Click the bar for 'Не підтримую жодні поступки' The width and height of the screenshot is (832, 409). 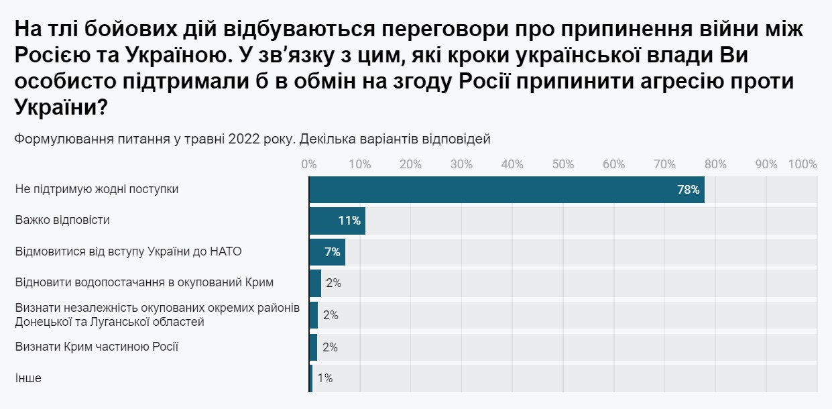[506, 189]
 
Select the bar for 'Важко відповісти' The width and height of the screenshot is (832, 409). [337, 221]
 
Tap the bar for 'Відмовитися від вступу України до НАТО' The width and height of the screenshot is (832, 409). [326, 252]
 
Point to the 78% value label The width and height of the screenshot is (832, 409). [689, 190]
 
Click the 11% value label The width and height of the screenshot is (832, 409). [350, 221]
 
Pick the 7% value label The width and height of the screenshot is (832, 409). [333, 252]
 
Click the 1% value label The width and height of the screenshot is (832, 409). [324, 378]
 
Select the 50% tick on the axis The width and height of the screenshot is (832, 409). [563, 164]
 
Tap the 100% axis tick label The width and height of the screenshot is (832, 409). [803, 164]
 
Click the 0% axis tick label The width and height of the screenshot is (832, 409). [309, 164]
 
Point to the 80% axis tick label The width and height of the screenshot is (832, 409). [715, 164]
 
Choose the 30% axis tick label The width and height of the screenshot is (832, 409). [461, 164]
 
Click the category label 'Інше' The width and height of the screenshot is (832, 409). [28, 378]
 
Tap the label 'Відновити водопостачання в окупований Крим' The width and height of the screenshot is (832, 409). [145, 282]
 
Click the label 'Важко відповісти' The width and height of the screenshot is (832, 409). [62, 220]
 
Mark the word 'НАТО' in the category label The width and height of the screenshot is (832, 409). [225, 251]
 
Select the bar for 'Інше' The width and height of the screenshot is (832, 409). [311, 378]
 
